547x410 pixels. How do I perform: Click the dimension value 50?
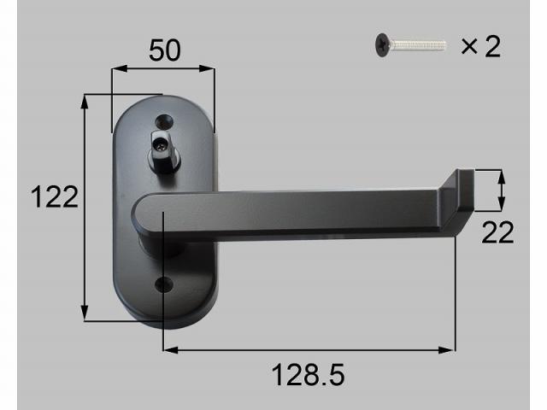click(164, 50)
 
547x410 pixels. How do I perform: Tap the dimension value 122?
click(53, 197)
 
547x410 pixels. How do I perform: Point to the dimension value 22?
click(497, 232)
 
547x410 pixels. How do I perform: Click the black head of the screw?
click(379, 45)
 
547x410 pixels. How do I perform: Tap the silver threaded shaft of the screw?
click(418, 44)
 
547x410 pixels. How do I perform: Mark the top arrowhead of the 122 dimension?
click(85, 101)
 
